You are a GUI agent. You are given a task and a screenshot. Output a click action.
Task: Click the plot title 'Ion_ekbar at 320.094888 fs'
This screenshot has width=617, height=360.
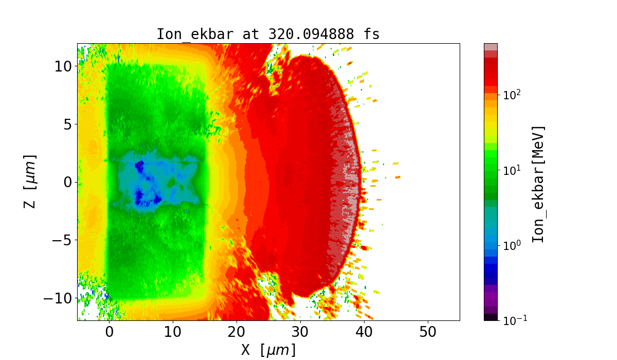(268, 34)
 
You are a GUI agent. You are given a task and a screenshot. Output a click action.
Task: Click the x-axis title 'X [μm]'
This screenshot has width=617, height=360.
(268, 350)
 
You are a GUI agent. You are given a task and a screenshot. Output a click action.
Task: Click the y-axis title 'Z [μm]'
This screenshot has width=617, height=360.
(30, 182)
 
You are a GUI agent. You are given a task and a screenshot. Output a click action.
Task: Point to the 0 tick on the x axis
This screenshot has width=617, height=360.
(109, 332)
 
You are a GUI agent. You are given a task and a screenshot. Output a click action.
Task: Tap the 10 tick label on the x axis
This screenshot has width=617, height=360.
(173, 332)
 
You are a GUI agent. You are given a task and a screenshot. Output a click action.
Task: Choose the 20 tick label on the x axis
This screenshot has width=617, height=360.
(237, 332)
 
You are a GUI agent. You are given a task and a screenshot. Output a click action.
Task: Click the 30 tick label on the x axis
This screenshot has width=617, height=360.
(300, 332)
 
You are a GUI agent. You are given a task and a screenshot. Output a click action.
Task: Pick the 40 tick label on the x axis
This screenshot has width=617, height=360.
(364, 332)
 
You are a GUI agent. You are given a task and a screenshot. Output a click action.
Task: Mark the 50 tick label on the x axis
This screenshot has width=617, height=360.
(428, 332)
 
